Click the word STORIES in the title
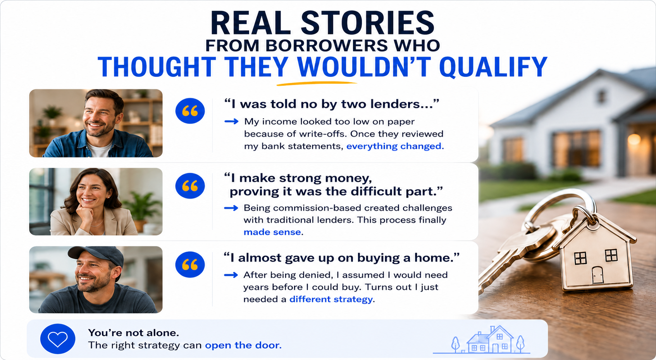pyautogui.click(x=368, y=23)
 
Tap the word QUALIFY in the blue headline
pyautogui.click(x=494, y=67)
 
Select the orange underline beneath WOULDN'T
pyautogui.click(x=317, y=84)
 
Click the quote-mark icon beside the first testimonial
pyautogui.click(x=190, y=111)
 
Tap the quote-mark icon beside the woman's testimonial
pyautogui.click(x=190, y=186)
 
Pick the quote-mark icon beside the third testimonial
pyautogui.click(x=190, y=265)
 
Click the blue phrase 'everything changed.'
pyautogui.click(x=395, y=146)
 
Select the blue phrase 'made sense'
pyautogui.click(x=272, y=232)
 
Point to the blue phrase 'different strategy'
pyautogui.click(x=331, y=300)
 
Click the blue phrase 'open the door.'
pyautogui.click(x=243, y=345)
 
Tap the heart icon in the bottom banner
pyautogui.click(x=58, y=339)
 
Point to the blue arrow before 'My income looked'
pyautogui.click(x=231, y=122)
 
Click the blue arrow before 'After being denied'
pyautogui.click(x=231, y=275)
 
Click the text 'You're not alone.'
pyautogui.click(x=134, y=333)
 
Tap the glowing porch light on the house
pyautogui.click(x=634, y=140)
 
